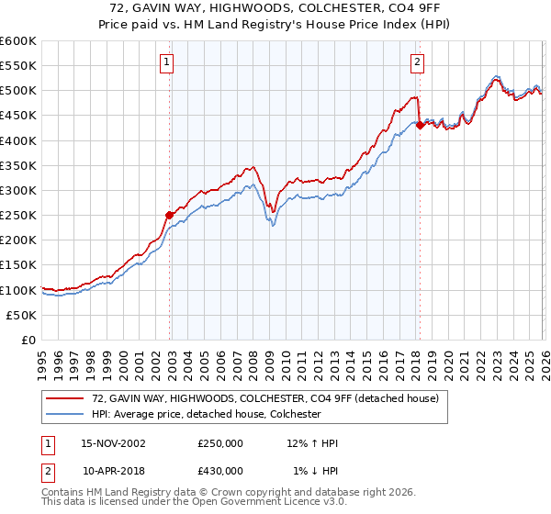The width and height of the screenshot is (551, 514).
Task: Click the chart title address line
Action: point(275,8)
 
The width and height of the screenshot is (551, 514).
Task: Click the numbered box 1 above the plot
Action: point(166,62)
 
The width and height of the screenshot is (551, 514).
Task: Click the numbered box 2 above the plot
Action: point(417,62)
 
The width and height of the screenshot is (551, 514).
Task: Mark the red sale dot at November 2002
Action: point(170,215)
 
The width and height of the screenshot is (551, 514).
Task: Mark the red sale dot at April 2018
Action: point(420,126)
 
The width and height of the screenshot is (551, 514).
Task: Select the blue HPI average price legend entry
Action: point(206,414)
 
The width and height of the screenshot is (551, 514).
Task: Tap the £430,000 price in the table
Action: point(220,470)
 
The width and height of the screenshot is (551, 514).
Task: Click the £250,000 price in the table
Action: point(220,443)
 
